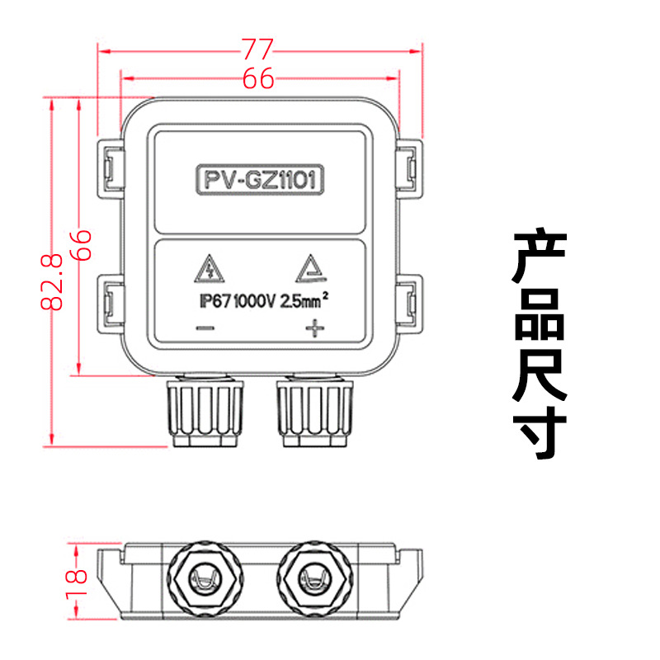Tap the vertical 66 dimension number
coord(81,245)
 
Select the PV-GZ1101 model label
coord(258,180)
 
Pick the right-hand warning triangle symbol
coord(311,268)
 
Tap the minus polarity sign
coord(205,329)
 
